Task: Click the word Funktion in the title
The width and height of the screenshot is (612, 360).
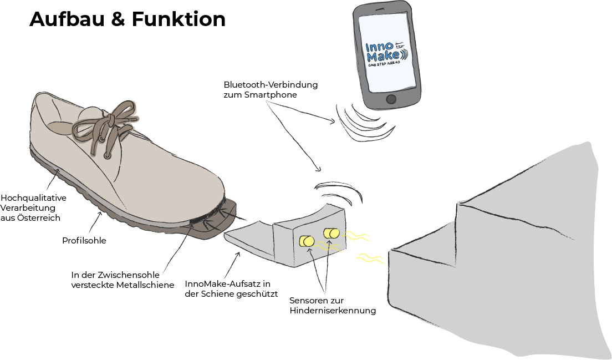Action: pyautogui.click(x=178, y=19)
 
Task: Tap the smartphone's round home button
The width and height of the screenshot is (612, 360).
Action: pyautogui.click(x=392, y=100)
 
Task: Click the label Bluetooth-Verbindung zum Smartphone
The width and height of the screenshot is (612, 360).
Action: pyautogui.click(x=271, y=90)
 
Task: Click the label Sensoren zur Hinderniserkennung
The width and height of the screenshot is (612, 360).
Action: pyautogui.click(x=333, y=306)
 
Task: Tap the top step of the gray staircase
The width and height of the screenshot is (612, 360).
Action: pyautogui.click(x=521, y=178)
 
